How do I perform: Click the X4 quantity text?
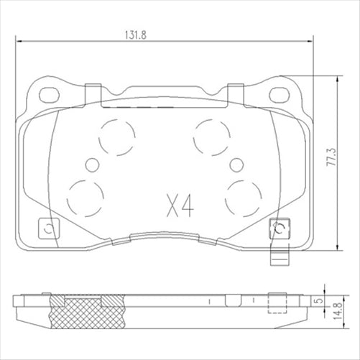click(180, 206)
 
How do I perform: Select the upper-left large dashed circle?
click(116, 134)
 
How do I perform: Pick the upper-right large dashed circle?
click(212, 134)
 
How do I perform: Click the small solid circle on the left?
click(91, 165)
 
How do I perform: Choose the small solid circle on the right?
click(236, 165)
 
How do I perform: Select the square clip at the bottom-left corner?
click(48, 229)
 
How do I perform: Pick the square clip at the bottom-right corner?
click(279, 229)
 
